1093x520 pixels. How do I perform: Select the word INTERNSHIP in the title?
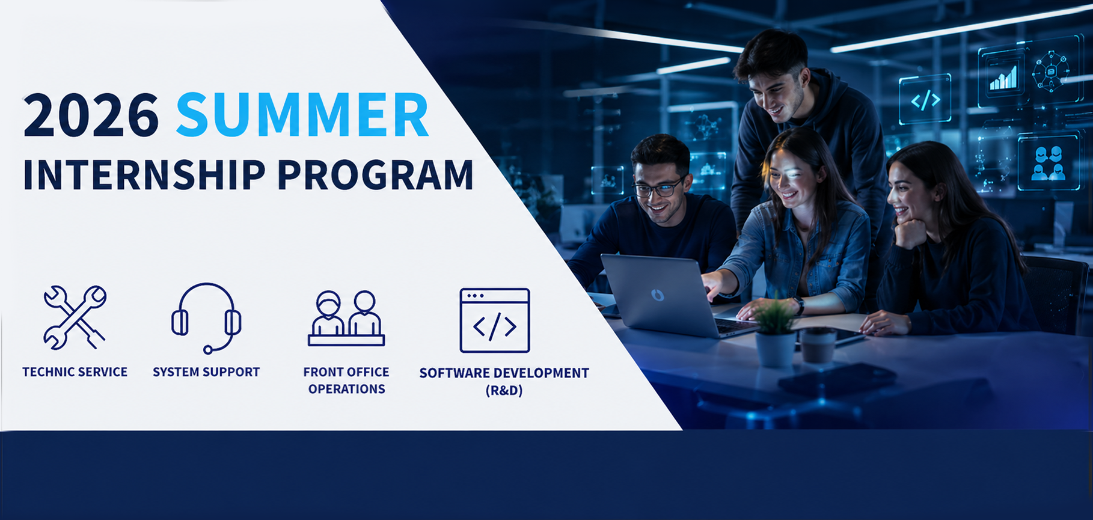click(144, 175)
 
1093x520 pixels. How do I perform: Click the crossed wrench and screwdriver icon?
click(75, 317)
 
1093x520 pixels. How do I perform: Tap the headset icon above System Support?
click(206, 317)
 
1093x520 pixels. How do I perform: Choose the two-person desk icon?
click(346, 319)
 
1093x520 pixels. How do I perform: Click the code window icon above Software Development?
click(495, 320)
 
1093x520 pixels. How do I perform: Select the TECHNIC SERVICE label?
click(75, 372)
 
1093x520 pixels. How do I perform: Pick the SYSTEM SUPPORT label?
click(206, 372)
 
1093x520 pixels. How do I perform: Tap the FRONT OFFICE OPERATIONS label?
click(346, 381)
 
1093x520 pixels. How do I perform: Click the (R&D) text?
click(504, 391)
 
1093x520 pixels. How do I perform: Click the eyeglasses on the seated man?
click(659, 189)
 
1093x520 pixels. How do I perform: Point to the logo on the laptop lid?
click(658, 295)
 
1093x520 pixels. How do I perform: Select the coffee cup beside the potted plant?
click(818, 345)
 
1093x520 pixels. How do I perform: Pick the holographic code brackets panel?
click(925, 99)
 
